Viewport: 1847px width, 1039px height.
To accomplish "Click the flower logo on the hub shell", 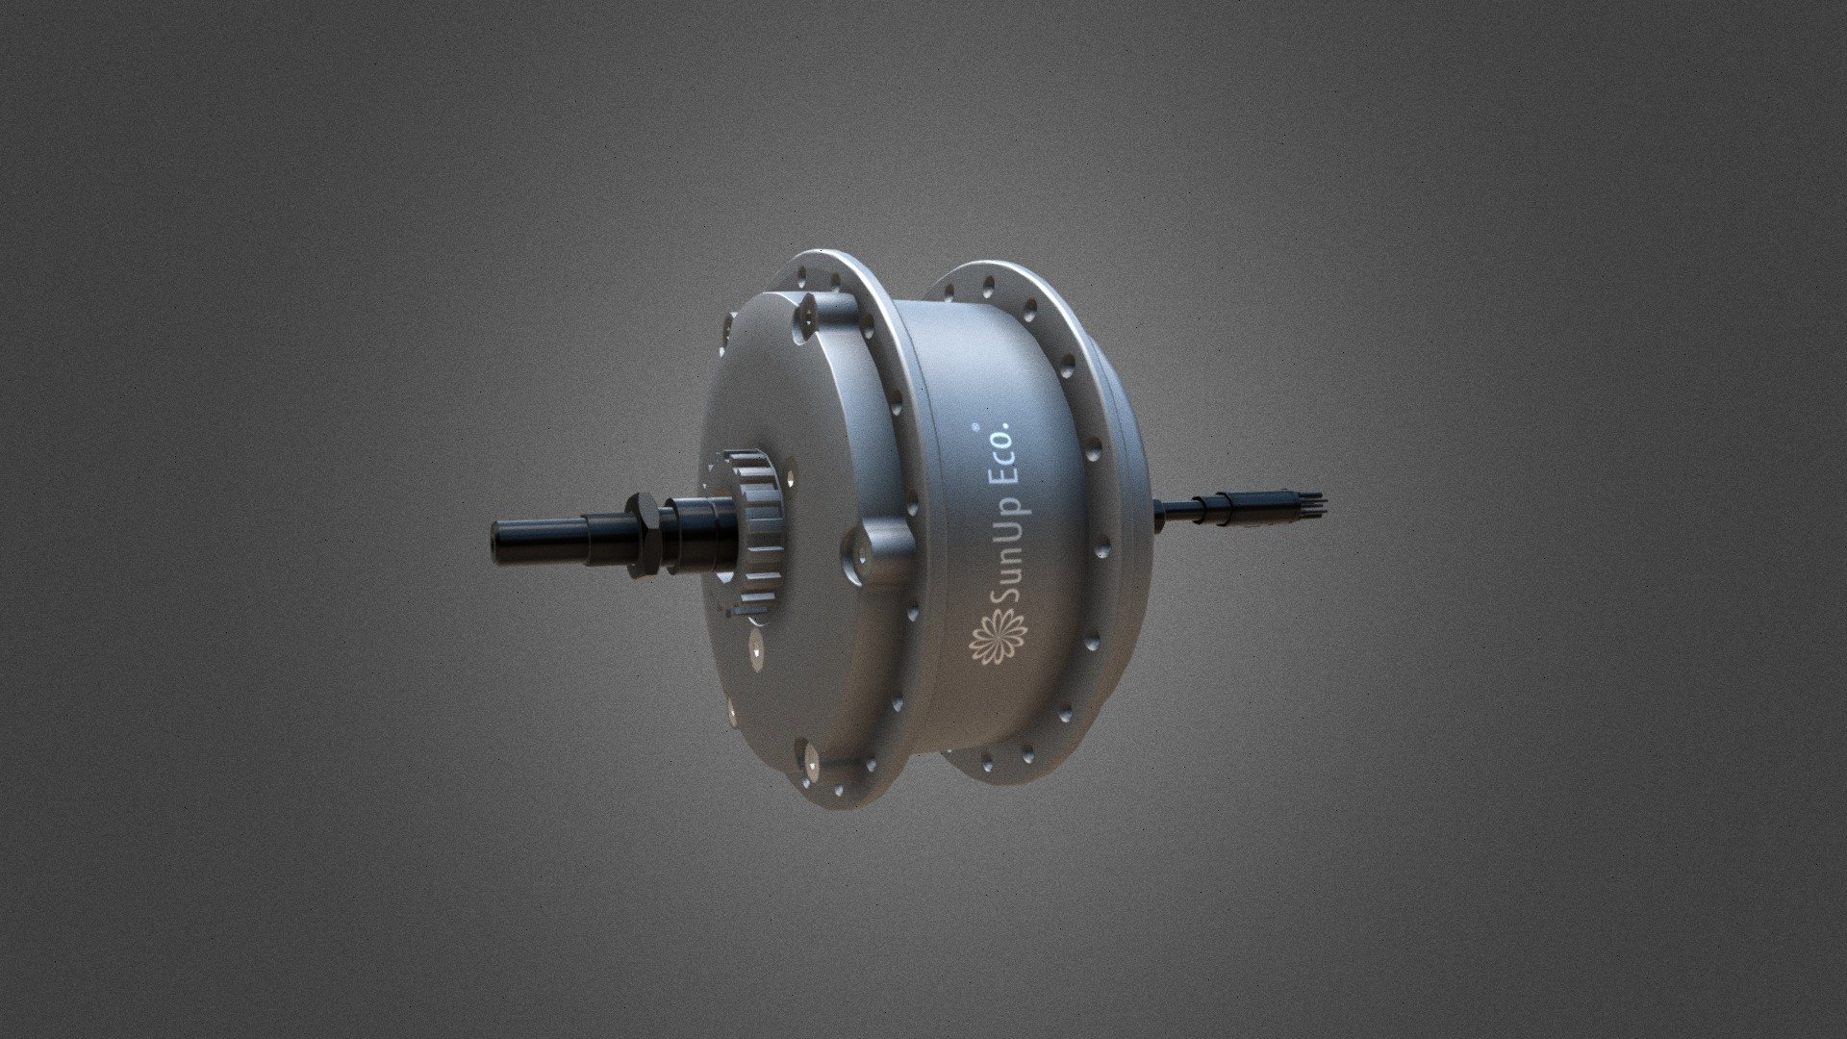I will click(998, 639).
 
